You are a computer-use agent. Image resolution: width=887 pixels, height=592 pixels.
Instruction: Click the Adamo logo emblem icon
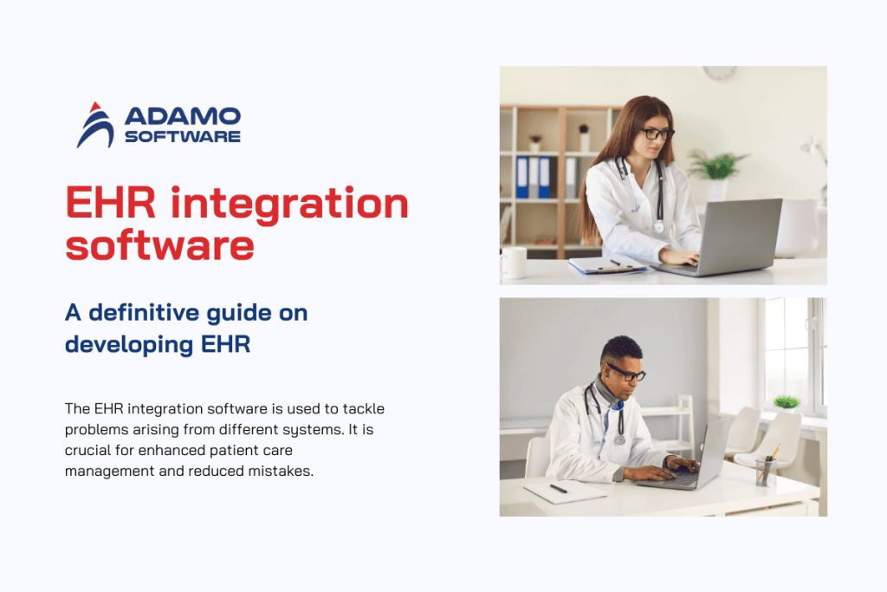[x=95, y=125]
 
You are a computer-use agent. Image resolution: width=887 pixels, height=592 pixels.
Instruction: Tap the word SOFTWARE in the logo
[x=183, y=137]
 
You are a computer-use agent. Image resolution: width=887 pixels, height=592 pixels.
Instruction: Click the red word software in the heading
[x=160, y=245]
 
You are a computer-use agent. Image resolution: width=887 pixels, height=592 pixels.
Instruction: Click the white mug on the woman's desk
[x=513, y=263]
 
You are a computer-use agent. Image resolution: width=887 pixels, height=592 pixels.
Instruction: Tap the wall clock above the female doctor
[x=719, y=73]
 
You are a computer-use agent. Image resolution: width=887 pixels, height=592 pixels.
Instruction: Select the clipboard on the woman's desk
[x=606, y=266]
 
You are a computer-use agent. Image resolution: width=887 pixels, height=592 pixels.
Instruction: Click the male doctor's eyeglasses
[x=625, y=374]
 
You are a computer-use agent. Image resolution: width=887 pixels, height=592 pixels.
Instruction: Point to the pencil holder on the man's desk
[x=765, y=471]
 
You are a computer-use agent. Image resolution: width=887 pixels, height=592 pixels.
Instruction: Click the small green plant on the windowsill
[x=786, y=401]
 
